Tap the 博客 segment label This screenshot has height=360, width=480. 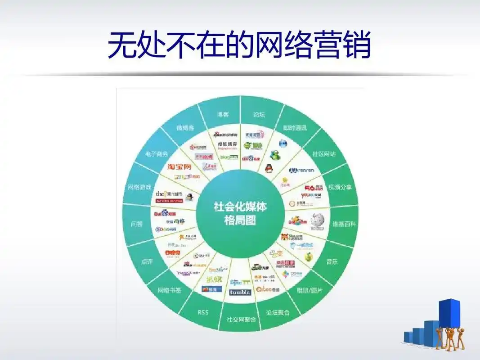(223, 115)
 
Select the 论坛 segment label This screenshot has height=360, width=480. (260, 115)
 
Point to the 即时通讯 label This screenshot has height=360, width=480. (295, 128)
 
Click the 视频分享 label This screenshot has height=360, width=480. (340, 187)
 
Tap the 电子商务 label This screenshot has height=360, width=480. (157, 154)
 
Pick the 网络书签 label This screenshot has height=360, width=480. (169, 291)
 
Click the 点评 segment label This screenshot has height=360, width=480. (147, 261)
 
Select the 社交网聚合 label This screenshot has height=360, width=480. (241, 319)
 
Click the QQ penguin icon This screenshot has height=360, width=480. (269, 168)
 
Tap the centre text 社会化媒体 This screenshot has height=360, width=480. (240, 207)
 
